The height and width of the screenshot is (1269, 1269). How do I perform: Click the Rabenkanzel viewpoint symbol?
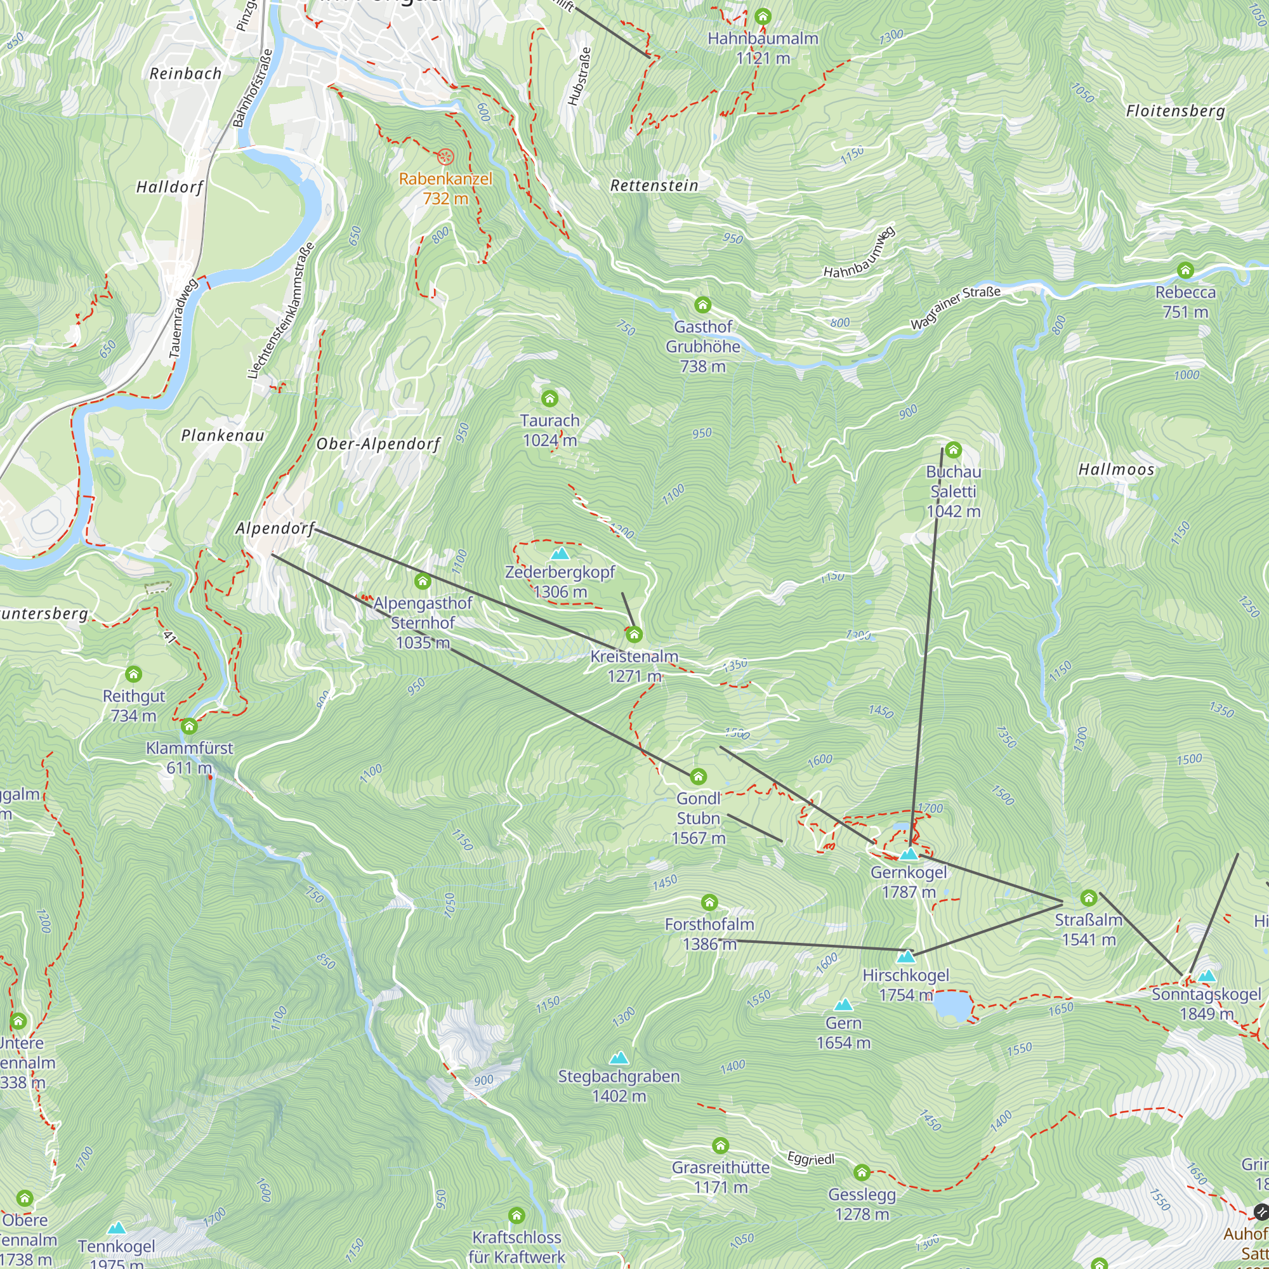point(445,156)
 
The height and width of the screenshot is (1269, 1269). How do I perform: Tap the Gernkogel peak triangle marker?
point(909,855)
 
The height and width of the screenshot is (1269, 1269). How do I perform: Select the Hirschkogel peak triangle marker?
point(906,956)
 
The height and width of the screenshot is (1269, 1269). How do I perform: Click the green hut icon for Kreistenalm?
point(634,634)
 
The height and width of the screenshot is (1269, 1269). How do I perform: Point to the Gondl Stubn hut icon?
point(698,777)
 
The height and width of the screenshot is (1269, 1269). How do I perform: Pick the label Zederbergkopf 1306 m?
point(560,582)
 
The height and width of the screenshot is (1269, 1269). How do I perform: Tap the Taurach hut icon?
point(549,398)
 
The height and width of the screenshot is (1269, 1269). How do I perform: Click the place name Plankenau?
point(223,435)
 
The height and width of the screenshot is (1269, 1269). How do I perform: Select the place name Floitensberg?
point(1175,111)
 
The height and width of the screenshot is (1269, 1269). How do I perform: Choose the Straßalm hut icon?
point(1088,898)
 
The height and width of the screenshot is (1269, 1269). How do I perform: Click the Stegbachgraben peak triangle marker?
point(619,1058)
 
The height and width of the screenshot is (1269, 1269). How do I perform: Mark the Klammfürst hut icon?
point(189,727)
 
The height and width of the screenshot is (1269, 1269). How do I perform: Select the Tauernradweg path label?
point(183,319)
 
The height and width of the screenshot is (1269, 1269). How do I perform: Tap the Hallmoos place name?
point(1116,470)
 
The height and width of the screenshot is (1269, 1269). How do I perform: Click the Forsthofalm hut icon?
point(709,902)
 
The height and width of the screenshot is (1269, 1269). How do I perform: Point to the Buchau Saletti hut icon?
point(953,450)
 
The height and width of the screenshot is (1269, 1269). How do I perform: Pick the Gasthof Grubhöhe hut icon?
point(703,305)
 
